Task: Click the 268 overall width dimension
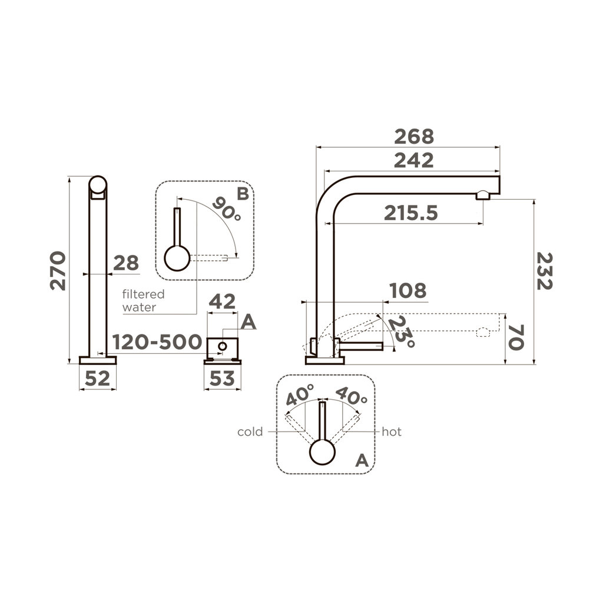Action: tap(413, 137)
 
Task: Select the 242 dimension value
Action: tap(413, 160)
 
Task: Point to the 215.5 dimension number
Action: tap(411, 213)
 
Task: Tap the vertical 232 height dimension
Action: tap(545, 270)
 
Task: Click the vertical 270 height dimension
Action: tap(58, 270)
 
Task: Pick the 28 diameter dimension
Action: tap(125, 263)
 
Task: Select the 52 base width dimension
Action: tap(97, 379)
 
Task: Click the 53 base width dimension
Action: tap(222, 379)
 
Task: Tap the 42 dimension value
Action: tap(223, 302)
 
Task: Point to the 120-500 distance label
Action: tap(157, 342)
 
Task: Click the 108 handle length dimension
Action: tap(407, 290)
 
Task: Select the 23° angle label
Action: tap(402, 332)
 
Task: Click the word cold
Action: tap(250, 432)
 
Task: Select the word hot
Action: tap(392, 432)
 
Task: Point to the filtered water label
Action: tap(143, 300)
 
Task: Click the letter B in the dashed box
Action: tap(243, 193)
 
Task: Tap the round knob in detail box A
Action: tap(322, 453)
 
